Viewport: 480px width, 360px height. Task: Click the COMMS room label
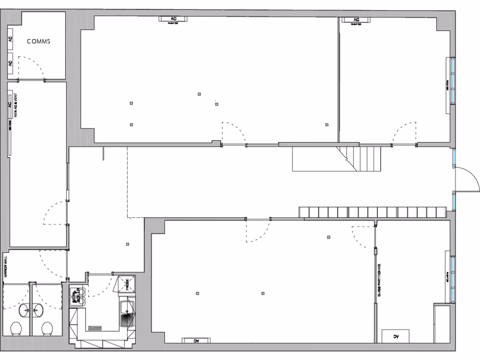click(38, 41)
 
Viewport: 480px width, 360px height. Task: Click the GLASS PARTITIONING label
click(380, 280)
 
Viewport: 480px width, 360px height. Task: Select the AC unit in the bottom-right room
click(396, 336)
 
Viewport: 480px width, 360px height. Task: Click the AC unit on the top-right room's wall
click(356, 20)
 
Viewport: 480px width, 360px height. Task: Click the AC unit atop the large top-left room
click(174, 19)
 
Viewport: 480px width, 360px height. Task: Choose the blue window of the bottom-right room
click(453, 278)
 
